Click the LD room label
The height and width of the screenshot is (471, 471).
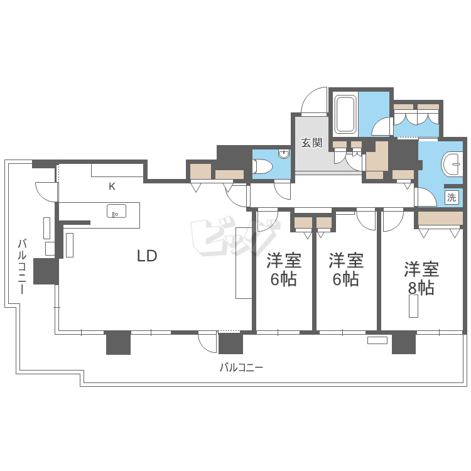(x=147, y=256)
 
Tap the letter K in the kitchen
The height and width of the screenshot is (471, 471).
(x=112, y=187)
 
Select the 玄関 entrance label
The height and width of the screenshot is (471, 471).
(x=311, y=143)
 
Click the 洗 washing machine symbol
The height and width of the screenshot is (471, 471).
(x=452, y=198)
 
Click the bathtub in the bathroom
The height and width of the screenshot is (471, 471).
(x=345, y=114)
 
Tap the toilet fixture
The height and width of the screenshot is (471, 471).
(x=263, y=166)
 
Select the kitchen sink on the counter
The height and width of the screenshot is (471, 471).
(x=116, y=211)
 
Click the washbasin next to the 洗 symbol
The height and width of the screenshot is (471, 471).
(x=452, y=165)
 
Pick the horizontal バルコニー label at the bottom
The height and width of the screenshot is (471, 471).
(x=241, y=367)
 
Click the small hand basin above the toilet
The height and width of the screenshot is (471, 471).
(x=284, y=154)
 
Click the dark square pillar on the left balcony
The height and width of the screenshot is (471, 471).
(x=46, y=271)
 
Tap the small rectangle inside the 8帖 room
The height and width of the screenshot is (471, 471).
(x=414, y=306)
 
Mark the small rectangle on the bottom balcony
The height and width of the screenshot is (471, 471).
(x=377, y=340)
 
